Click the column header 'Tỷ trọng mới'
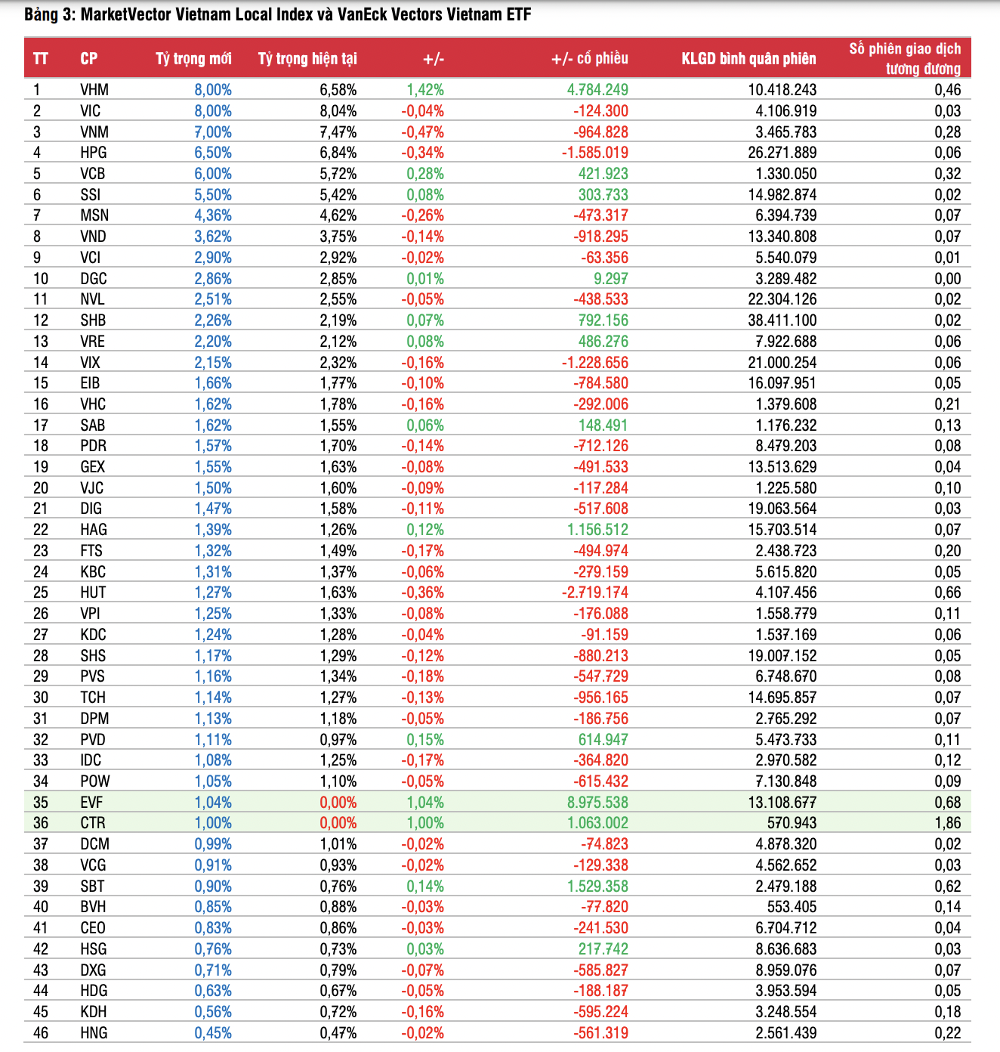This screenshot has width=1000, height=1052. [193, 59]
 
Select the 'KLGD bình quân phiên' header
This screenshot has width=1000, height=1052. [748, 59]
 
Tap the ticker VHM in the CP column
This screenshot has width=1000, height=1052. [94, 90]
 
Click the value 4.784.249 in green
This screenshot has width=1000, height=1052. [597, 90]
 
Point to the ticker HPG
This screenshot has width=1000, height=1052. [94, 153]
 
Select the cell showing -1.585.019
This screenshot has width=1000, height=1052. [594, 153]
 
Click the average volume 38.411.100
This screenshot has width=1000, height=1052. [782, 320]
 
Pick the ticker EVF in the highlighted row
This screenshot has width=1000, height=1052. [91, 803]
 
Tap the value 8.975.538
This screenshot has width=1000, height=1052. [597, 803]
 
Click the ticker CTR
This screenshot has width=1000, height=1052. [93, 823]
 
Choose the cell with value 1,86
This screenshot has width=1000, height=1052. [948, 823]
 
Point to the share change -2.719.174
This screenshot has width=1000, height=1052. [594, 593]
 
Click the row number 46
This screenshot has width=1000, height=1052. [41, 1033]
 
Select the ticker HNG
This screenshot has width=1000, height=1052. [94, 1033]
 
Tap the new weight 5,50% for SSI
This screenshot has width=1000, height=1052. [213, 195]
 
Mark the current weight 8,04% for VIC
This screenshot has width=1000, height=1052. [338, 111]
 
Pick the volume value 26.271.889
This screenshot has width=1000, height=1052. [782, 153]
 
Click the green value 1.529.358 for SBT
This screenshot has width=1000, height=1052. [597, 886]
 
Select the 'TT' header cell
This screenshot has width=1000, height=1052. [41, 59]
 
